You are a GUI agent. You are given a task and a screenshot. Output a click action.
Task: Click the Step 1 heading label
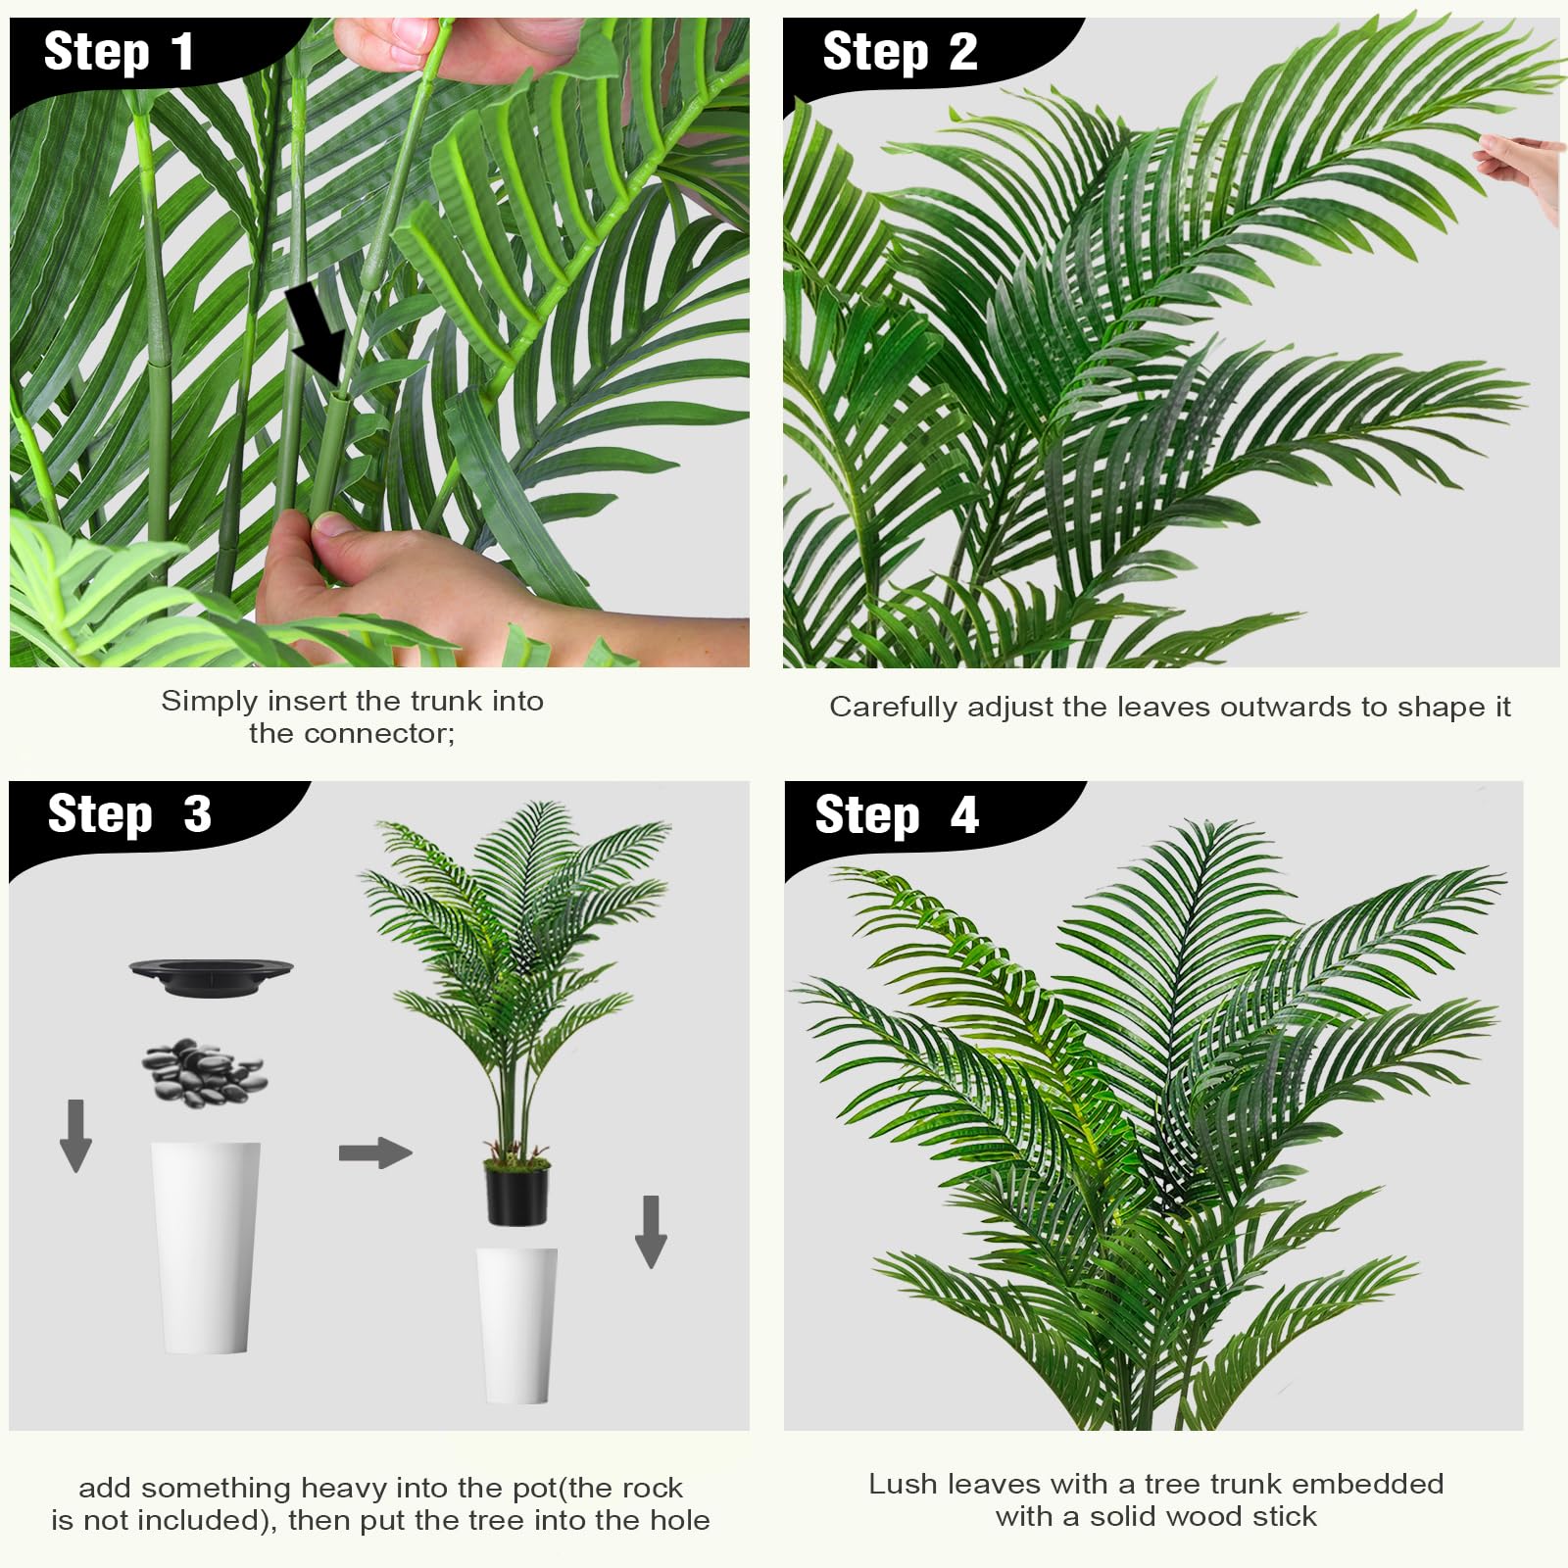[x=119, y=52]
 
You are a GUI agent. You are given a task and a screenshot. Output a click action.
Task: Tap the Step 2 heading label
[x=900, y=52]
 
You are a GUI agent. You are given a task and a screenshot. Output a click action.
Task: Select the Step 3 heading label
[x=129, y=814]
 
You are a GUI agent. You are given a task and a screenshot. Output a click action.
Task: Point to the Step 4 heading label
[x=897, y=815]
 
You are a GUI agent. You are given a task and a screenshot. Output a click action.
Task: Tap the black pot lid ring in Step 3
[x=211, y=976]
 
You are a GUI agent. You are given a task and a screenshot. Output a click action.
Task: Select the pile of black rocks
[x=204, y=1071]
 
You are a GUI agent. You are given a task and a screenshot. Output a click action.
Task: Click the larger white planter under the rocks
[x=206, y=1248]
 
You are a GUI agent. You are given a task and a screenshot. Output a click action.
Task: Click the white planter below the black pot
[x=517, y=1326]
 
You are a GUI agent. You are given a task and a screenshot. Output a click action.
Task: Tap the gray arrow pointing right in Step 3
[x=375, y=1152]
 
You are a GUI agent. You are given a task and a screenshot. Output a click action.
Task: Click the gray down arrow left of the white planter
[x=75, y=1135]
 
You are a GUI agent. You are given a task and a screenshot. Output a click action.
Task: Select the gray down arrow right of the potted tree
[x=651, y=1232]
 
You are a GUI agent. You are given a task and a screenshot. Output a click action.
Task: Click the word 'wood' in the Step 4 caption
[x=1204, y=1517]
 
